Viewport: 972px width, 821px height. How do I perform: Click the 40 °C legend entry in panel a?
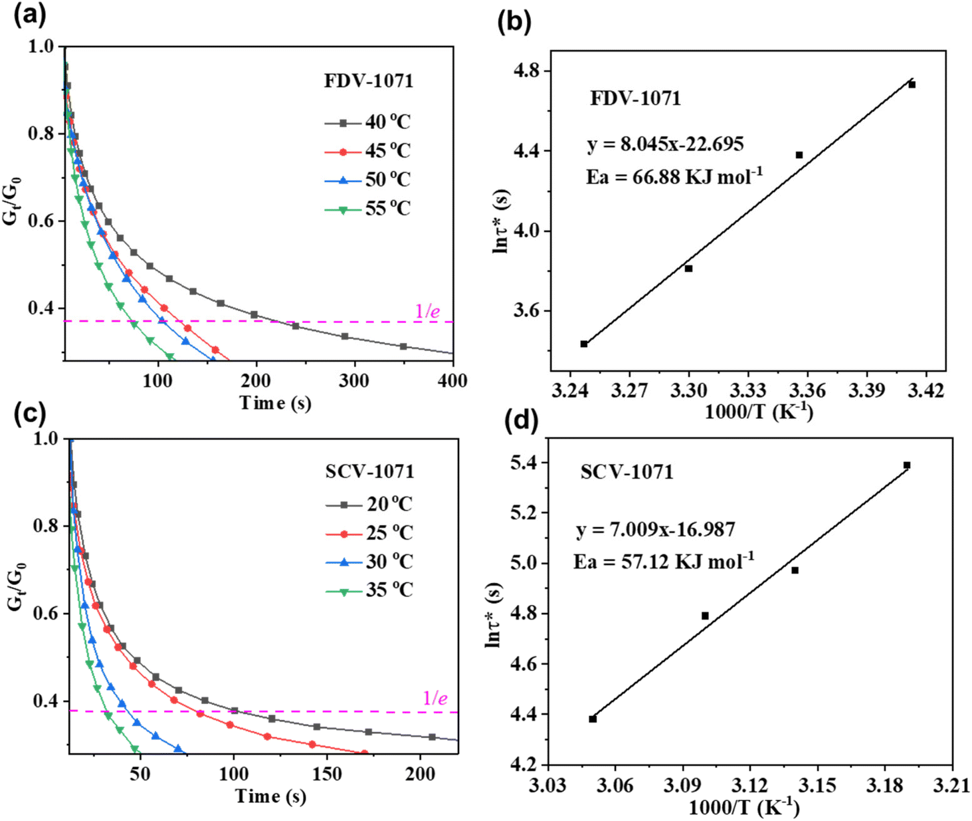click(x=367, y=122)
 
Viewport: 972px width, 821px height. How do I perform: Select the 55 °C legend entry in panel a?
click(x=367, y=209)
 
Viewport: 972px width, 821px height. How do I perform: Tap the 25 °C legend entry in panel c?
click(x=369, y=533)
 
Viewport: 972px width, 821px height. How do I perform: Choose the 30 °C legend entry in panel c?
click(x=369, y=562)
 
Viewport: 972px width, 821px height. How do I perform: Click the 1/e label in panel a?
click(x=427, y=311)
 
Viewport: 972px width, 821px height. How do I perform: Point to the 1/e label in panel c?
click(x=435, y=698)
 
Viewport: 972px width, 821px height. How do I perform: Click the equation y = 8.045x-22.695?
click(x=665, y=144)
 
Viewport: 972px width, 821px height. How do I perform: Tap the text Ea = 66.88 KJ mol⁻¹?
click(x=674, y=177)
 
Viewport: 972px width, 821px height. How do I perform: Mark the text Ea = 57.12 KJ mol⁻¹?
click(x=664, y=562)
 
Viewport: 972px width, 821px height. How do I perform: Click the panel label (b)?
click(x=514, y=21)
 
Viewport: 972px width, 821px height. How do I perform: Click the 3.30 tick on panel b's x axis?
click(x=689, y=390)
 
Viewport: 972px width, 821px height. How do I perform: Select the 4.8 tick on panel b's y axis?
click(x=527, y=70)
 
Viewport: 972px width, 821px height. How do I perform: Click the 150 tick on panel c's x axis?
click(x=327, y=774)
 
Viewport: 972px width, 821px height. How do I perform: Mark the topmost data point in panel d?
click(x=907, y=465)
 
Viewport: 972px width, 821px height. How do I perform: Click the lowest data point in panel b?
click(x=584, y=344)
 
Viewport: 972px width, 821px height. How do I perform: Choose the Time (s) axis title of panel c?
click(x=270, y=796)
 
